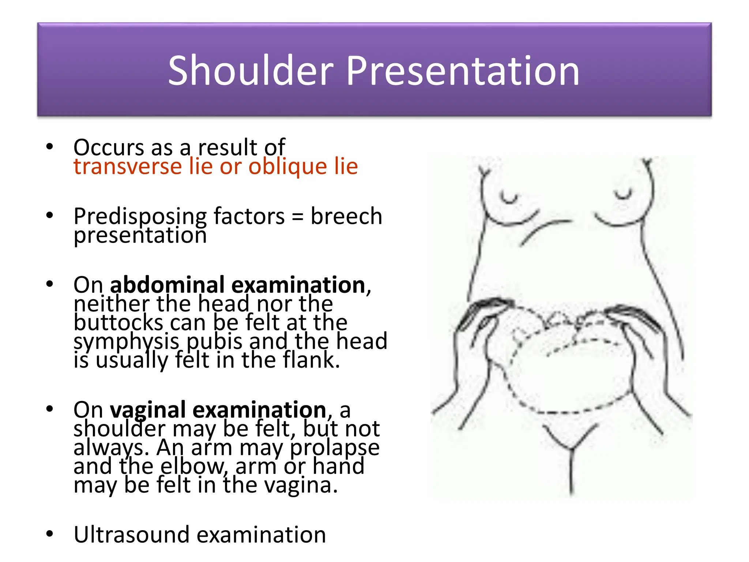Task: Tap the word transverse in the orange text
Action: pos(128,166)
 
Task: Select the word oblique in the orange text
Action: pos(287,167)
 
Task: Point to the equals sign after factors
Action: pos(298,217)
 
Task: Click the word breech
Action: pos(346,216)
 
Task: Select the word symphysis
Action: pos(127,342)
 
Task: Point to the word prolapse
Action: pos(335,448)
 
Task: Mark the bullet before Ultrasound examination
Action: pos(50,534)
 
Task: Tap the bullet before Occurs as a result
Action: pos(50,147)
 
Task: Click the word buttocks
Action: pos(118,323)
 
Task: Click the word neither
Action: pos(112,304)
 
